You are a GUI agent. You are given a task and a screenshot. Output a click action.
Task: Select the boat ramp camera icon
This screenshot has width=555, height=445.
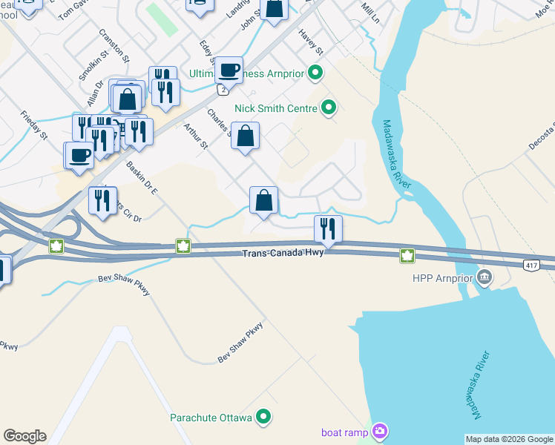point(381,430)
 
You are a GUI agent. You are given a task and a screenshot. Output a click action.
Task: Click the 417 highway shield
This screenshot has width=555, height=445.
point(530,265)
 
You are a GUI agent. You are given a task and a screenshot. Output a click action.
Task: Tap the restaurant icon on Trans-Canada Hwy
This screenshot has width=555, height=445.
point(328,228)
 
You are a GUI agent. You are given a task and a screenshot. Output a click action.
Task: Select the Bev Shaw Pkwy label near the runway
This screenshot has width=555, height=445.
point(240,342)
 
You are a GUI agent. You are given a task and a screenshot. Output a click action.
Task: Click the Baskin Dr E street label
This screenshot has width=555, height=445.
point(142,178)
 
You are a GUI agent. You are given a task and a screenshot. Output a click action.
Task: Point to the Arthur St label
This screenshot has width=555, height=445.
point(196,136)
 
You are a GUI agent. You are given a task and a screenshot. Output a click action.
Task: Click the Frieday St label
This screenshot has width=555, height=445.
point(34,125)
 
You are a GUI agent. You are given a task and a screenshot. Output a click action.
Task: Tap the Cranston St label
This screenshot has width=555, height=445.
point(114,45)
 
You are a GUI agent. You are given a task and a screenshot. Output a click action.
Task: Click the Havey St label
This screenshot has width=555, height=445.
point(311,42)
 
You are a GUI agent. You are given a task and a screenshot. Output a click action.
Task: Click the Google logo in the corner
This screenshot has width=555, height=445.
point(24,436)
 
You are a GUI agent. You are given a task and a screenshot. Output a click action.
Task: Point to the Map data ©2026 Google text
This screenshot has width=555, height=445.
point(509,439)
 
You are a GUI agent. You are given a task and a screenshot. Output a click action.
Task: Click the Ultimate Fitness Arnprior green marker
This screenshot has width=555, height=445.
point(315,72)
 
